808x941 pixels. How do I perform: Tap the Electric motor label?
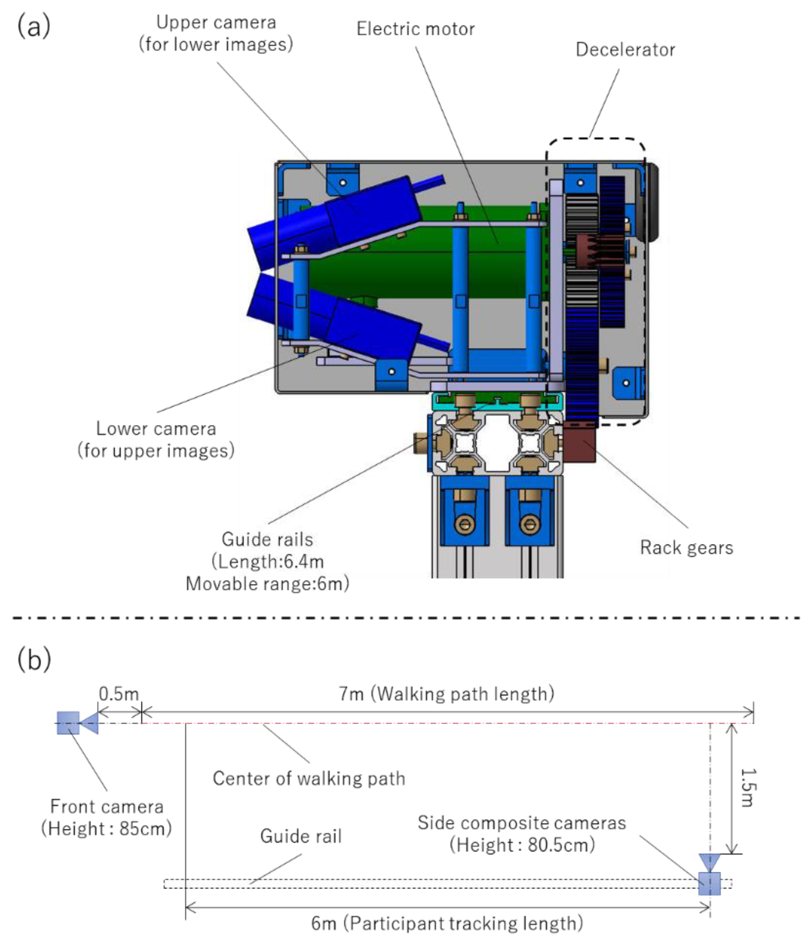415,29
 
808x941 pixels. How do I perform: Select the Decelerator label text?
625,49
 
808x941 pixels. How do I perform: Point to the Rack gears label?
686,548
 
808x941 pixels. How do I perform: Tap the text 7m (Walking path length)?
446,693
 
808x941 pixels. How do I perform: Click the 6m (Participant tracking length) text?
446,923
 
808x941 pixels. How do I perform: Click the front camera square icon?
68,723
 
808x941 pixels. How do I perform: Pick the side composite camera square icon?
709,883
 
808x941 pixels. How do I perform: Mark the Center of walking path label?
309,778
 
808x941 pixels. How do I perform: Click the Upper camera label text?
216,23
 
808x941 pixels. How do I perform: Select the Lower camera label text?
156,429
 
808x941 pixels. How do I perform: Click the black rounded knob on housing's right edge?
652,202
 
